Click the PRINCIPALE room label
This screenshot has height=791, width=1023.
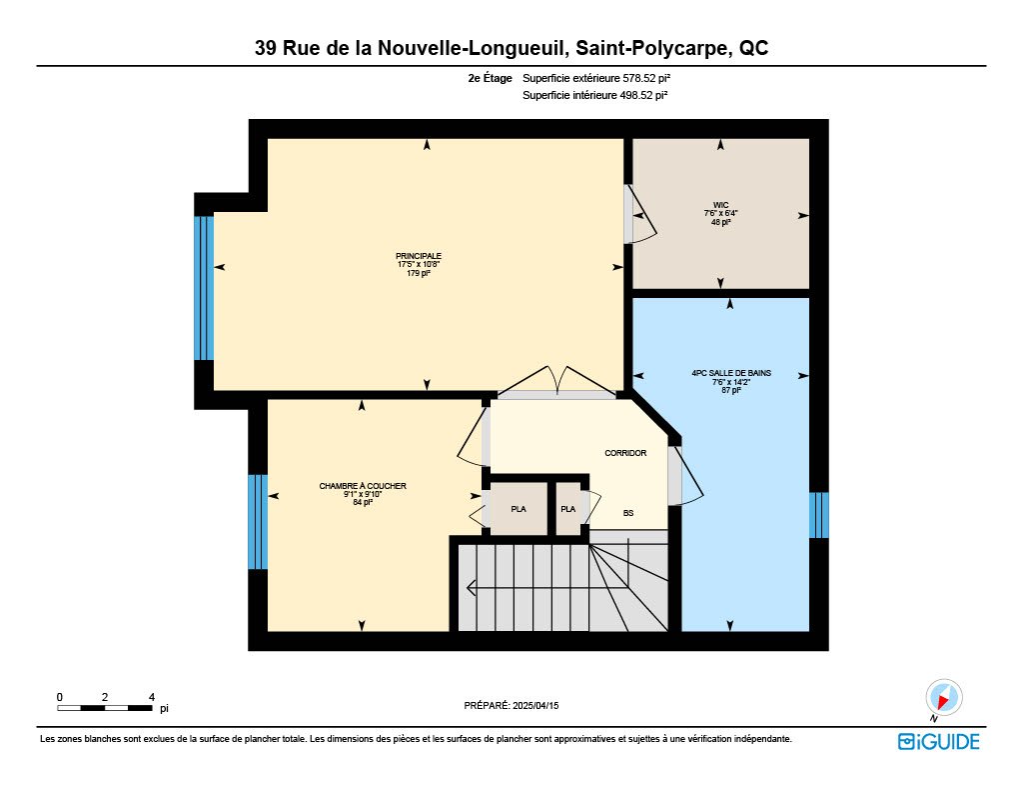pyautogui.click(x=419, y=256)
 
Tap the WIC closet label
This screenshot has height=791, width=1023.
pyautogui.click(x=720, y=205)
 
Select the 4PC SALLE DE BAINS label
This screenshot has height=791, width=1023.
pyautogui.click(x=731, y=373)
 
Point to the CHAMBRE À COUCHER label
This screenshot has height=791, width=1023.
pyautogui.click(x=362, y=486)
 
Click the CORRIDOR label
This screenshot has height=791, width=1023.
pyautogui.click(x=625, y=453)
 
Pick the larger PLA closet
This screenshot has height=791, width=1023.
pyautogui.click(x=518, y=509)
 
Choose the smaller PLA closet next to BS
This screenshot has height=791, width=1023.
pyautogui.click(x=568, y=509)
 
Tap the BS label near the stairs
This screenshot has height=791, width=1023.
pyautogui.click(x=628, y=513)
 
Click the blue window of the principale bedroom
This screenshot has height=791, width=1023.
pyautogui.click(x=204, y=288)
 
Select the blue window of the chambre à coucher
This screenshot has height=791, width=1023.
pyautogui.click(x=258, y=522)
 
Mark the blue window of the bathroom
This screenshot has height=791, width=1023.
pyautogui.click(x=819, y=515)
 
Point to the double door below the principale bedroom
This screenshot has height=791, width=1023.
pyautogui.click(x=557, y=381)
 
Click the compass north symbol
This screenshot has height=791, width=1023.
pyautogui.click(x=943, y=698)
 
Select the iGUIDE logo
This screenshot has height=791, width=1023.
pyautogui.click(x=939, y=741)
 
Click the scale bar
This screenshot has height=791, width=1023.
pyautogui.click(x=105, y=708)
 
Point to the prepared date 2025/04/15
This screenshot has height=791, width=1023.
pyautogui.click(x=535, y=705)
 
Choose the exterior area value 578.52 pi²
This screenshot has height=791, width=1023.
pyautogui.click(x=646, y=78)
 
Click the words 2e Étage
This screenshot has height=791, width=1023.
pyautogui.click(x=490, y=78)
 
